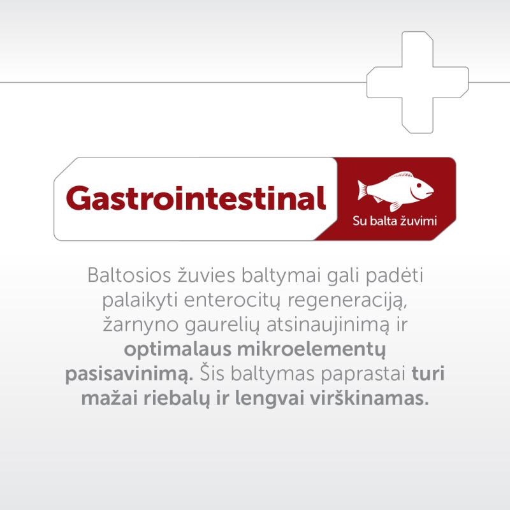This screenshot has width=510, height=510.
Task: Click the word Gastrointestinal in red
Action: [196, 198]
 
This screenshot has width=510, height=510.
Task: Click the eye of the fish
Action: [419, 185]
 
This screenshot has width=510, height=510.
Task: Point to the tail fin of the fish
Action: [362, 189]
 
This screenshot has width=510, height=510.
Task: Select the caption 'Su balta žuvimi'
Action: [395, 221]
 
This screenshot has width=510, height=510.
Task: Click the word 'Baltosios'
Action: [129, 275]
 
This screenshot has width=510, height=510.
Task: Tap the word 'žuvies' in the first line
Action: [206, 275]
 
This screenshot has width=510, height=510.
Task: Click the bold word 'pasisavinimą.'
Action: [129, 375]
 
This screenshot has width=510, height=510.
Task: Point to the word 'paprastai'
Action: [363, 375]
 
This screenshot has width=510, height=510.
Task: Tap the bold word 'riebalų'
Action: [177, 399]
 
